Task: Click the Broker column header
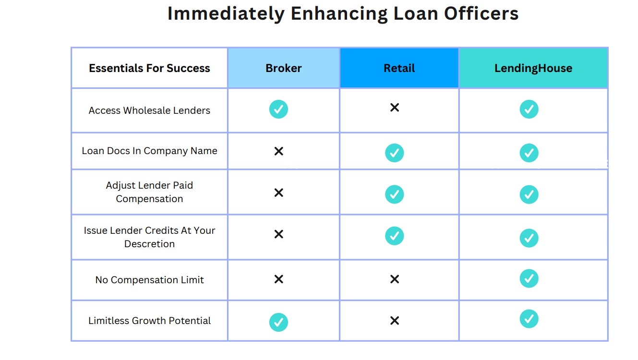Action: (x=283, y=68)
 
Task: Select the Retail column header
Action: (x=399, y=68)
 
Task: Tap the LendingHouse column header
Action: (x=533, y=68)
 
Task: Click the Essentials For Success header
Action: (x=149, y=68)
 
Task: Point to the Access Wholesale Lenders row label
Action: (x=149, y=110)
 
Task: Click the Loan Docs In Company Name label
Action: (x=149, y=151)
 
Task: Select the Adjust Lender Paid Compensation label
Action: (x=149, y=192)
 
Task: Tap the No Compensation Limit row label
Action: (x=149, y=280)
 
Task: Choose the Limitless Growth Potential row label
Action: (x=149, y=321)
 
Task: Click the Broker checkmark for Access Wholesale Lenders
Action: (x=278, y=109)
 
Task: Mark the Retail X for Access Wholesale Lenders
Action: (x=395, y=108)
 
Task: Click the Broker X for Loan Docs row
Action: (x=278, y=151)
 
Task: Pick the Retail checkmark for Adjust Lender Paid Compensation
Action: (x=395, y=194)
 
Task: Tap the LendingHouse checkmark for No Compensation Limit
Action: (x=529, y=278)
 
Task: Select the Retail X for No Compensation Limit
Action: (x=395, y=279)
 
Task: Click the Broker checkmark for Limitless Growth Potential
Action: (x=278, y=322)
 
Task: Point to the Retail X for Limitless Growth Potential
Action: (x=395, y=321)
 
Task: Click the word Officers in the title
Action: (x=482, y=13)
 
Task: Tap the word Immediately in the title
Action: (x=226, y=14)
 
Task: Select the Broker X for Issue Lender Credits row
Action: (x=278, y=234)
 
